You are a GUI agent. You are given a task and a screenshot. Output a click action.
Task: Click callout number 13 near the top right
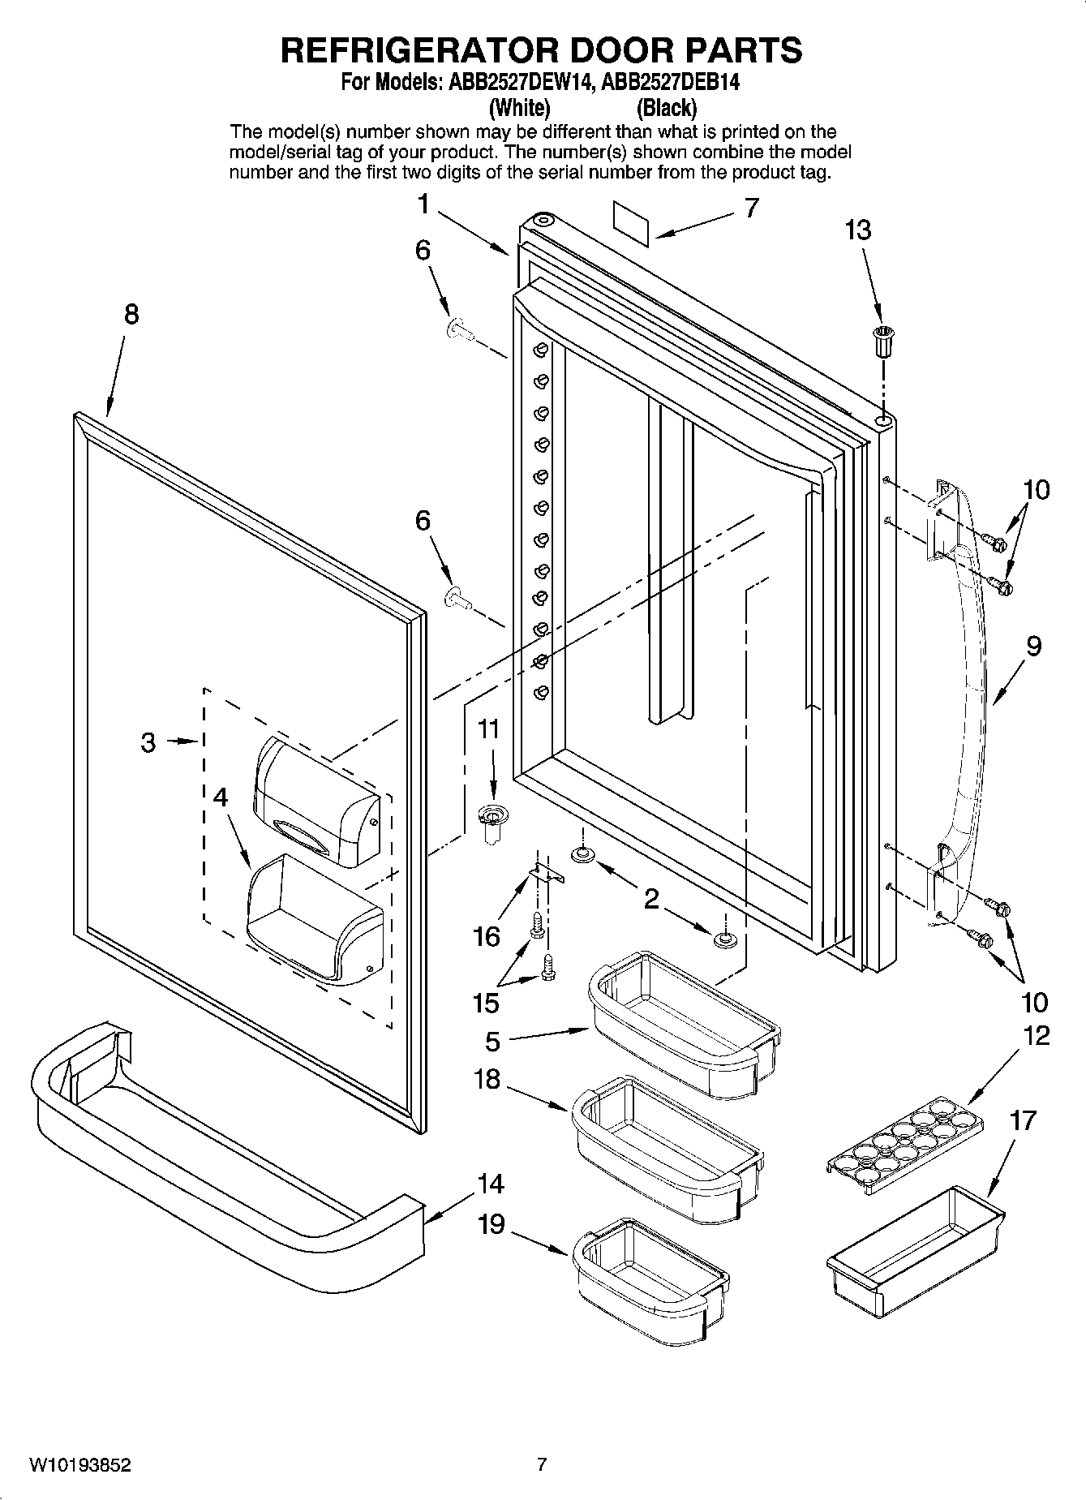(x=857, y=230)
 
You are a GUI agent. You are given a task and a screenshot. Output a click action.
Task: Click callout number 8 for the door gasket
(x=131, y=314)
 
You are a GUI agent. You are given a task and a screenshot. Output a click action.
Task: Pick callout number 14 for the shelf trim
(x=491, y=1184)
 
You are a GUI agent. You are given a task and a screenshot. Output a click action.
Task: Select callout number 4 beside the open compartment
(x=220, y=797)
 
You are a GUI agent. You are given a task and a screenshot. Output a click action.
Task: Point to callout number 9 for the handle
(x=1032, y=647)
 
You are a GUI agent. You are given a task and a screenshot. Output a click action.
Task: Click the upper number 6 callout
(x=423, y=250)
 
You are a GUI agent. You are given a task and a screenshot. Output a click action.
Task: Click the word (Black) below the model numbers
(x=667, y=108)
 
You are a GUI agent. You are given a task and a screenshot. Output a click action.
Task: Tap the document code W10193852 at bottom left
(x=80, y=1465)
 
